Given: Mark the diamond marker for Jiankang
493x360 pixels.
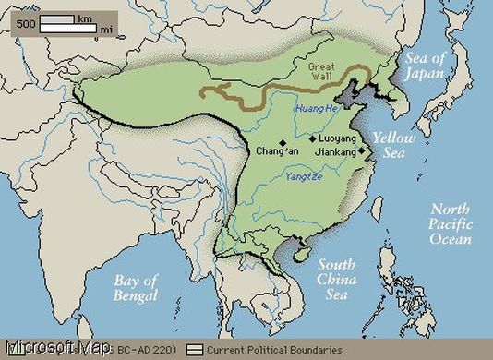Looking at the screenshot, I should click(362, 150).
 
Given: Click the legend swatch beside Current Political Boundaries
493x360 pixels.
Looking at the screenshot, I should click(195, 350).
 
